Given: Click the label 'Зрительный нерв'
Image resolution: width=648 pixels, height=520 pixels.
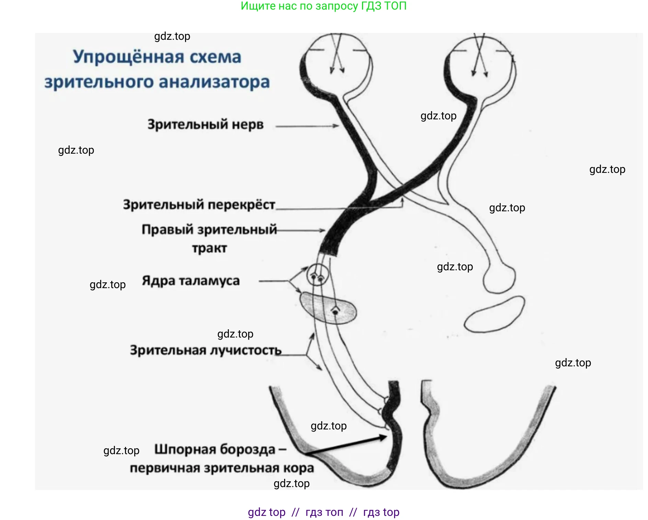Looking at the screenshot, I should (205, 125).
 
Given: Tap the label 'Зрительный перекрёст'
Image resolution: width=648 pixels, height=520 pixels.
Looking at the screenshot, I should (199, 205).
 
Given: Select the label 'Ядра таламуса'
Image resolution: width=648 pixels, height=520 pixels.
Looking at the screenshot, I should (191, 281).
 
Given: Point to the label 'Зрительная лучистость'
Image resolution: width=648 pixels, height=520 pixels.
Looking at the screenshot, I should (206, 350).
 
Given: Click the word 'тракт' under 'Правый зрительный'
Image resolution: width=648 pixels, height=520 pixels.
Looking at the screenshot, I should (209, 248).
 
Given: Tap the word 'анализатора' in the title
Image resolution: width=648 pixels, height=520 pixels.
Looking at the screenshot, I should (214, 82).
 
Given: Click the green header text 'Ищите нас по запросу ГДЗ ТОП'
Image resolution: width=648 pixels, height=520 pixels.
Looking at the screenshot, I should (323, 6).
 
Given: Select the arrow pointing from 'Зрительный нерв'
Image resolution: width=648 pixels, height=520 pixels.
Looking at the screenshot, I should (307, 126).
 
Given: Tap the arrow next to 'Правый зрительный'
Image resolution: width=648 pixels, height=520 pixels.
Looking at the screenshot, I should (301, 230).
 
